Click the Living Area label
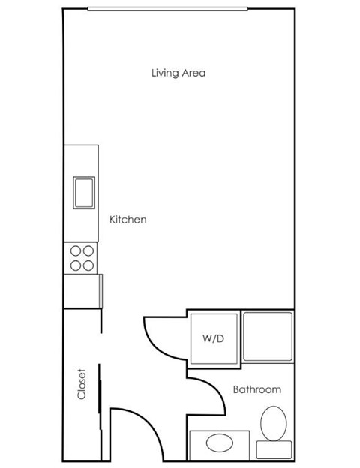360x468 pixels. click(x=178, y=73)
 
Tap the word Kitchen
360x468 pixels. click(x=128, y=220)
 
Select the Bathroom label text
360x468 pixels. click(x=256, y=389)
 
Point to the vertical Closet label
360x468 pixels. click(x=82, y=383)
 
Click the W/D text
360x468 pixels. click(x=213, y=338)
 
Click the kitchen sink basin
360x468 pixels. click(x=82, y=191)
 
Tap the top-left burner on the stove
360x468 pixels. click(x=75, y=251)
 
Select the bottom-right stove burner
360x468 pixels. click(x=88, y=265)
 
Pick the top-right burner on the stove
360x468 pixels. click(x=88, y=251)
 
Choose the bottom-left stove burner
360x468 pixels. click(x=75, y=265)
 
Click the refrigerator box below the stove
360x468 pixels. click(x=82, y=290)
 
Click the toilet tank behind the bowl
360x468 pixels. click(x=274, y=449)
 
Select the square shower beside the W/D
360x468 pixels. click(x=268, y=336)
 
